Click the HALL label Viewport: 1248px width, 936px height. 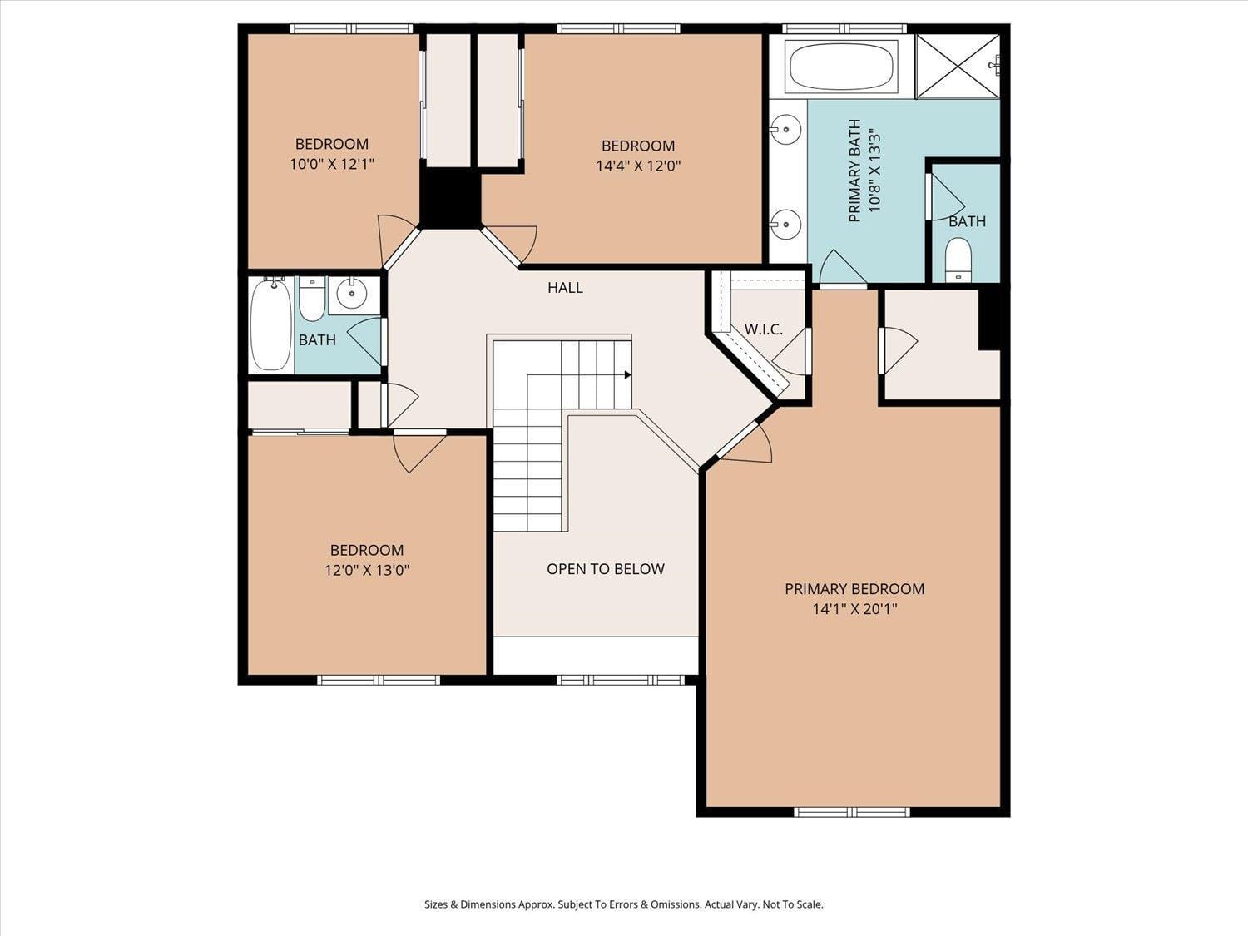point(565,288)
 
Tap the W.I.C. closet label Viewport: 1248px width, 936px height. point(763,329)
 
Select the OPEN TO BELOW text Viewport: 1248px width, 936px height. point(605,569)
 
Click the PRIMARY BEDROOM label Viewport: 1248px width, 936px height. point(854,589)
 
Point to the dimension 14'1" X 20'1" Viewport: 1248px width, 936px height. point(854,609)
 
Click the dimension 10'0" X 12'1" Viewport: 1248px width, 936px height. point(332,164)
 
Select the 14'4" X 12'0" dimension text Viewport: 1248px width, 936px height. point(638,166)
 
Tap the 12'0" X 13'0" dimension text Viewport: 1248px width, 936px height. point(367,570)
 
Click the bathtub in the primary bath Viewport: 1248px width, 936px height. point(842,67)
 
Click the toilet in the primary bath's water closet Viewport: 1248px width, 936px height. point(958,259)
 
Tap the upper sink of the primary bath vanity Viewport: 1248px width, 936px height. point(785,129)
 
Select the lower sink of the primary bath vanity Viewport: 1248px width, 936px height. point(785,224)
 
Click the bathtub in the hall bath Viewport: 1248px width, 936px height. point(271,324)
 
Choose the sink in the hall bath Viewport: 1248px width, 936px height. point(353,293)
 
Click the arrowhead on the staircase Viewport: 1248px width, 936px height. point(627,375)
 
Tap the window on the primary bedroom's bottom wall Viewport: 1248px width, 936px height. point(852,812)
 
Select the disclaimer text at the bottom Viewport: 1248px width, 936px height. point(623,904)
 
